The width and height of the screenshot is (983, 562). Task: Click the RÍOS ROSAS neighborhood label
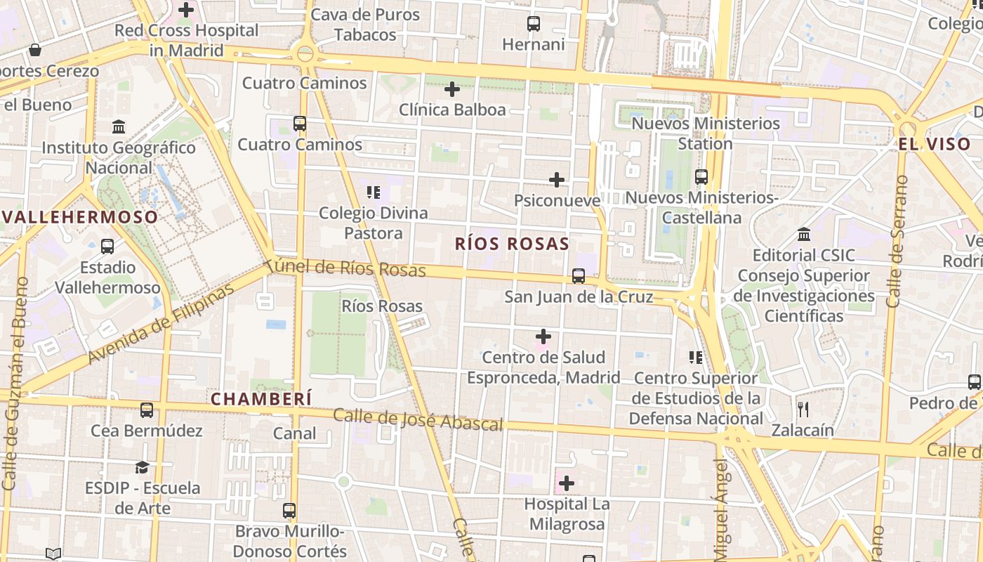[x=512, y=244]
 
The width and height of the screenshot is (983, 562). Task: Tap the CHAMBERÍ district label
[x=261, y=398]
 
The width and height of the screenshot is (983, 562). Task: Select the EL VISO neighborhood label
[x=935, y=144]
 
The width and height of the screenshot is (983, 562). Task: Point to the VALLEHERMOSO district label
[x=79, y=217]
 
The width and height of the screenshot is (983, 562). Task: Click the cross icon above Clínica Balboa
[x=452, y=89]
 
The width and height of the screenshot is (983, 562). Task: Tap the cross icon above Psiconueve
[x=557, y=180]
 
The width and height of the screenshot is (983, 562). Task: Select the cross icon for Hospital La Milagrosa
[x=567, y=483]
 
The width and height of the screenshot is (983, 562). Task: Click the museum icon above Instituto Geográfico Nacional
[x=119, y=127]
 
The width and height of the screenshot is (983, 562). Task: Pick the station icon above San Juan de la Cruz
[x=579, y=276]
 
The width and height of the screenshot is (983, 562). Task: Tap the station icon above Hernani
[x=534, y=24]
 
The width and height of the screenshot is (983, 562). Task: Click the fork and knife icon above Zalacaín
[x=803, y=409]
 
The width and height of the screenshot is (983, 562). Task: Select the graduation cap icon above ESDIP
[x=143, y=467]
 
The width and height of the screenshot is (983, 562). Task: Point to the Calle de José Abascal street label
[x=418, y=419]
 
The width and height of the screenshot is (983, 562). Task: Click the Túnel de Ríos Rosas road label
[x=345, y=268]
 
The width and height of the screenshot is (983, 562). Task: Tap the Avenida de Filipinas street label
[x=161, y=325]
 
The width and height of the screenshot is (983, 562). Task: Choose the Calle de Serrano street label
[x=897, y=242]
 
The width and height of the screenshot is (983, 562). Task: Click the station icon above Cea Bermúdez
[x=147, y=410]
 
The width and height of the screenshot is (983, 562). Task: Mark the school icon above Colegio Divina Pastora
[x=373, y=192]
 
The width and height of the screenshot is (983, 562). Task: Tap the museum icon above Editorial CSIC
[x=804, y=234]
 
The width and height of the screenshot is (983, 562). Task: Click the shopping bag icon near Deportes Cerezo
[x=34, y=50]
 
